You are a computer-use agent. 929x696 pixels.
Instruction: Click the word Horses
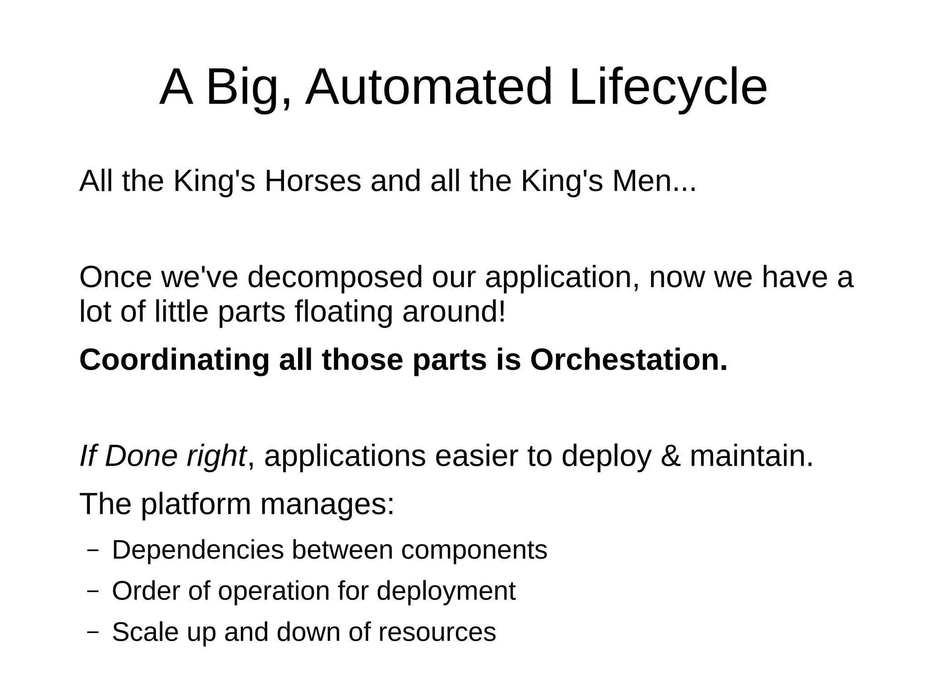(x=313, y=181)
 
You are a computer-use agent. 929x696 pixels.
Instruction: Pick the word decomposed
(x=335, y=277)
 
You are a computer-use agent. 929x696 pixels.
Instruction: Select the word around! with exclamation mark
(x=454, y=312)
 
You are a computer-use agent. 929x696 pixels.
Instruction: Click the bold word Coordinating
(x=175, y=360)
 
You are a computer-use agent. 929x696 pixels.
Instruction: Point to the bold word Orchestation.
(x=629, y=360)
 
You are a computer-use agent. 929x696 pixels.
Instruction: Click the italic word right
(x=216, y=456)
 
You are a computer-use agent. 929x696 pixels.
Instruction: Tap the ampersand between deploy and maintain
(x=671, y=456)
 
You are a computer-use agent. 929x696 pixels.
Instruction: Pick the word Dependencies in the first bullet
(x=197, y=550)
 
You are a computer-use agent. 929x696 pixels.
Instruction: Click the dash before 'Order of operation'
(x=93, y=591)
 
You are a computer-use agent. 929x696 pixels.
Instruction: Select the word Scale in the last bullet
(x=145, y=632)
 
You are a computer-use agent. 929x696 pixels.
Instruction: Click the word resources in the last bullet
(x=437, y=632)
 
